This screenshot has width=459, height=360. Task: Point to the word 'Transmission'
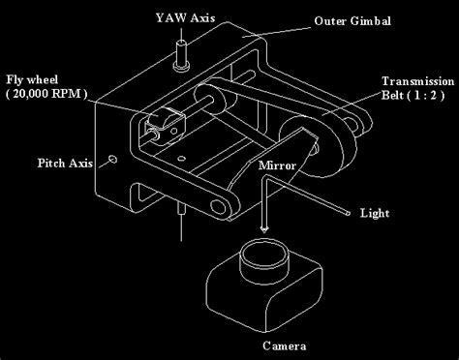click(x=413, y=81)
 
